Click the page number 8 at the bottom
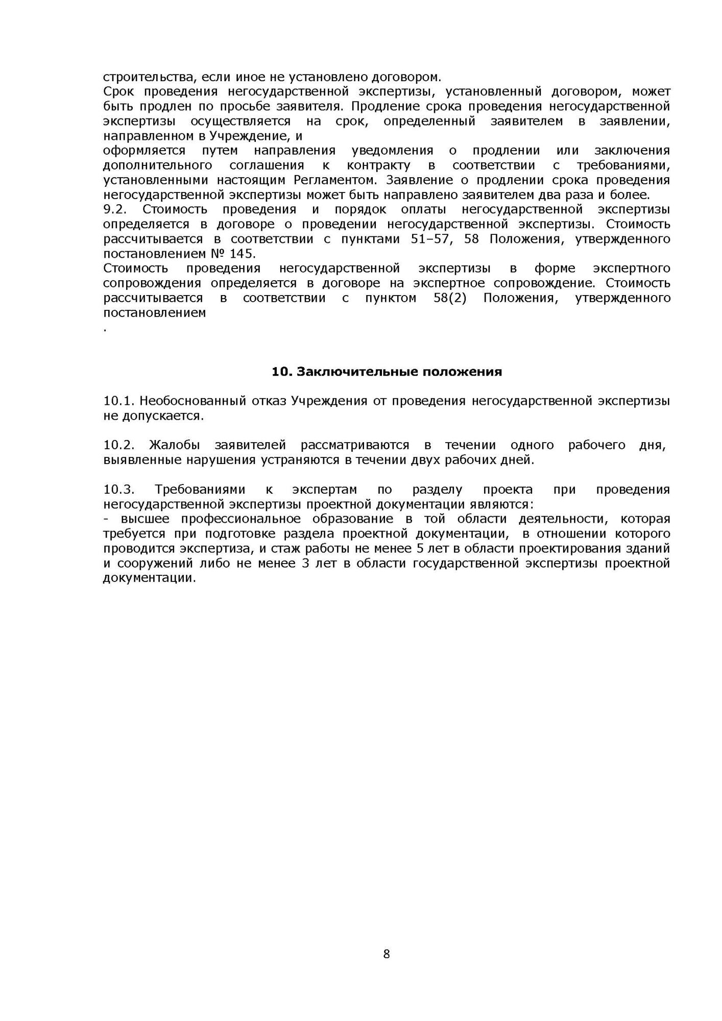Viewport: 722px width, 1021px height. tap(387, 954)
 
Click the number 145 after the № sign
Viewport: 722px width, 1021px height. tap(242, 254)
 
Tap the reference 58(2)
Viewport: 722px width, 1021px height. tap(450, 298)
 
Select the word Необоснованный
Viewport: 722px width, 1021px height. tap(192, 401)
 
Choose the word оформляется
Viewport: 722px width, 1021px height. tap(144, 151)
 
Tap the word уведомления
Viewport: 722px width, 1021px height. tap(392, 151)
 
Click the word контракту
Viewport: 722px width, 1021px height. tap(378, 165)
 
